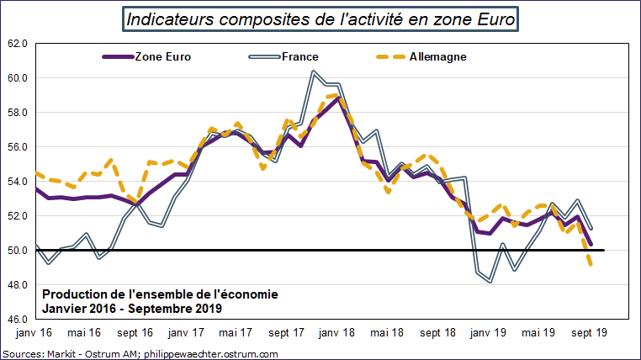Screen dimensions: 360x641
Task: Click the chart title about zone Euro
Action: point(320,19)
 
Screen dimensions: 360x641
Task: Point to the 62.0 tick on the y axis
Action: point(19,44)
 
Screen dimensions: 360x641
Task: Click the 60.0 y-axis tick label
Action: point(19,78)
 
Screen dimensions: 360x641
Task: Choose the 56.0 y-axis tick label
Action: point(19,147)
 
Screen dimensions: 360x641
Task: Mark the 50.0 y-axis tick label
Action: point(19,250)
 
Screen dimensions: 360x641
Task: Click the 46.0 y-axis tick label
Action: point(19,319)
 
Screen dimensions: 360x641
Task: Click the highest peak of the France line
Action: point(313,71)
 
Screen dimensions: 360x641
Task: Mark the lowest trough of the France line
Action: point(490,282)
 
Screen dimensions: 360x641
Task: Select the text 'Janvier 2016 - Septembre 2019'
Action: point(131,308)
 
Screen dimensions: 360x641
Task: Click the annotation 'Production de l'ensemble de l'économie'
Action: point(159,294)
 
